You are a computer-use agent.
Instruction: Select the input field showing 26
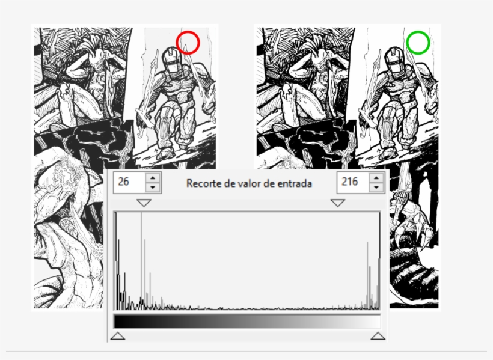129,182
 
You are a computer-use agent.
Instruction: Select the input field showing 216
353,182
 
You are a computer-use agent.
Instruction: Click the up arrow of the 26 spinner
153,178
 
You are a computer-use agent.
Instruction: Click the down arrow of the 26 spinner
153,188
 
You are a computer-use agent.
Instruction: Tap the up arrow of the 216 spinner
376,178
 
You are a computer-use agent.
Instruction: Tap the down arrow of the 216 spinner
376,188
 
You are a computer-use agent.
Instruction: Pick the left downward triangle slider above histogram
144,203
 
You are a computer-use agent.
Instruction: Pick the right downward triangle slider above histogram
338,203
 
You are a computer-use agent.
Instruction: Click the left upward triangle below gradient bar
118,336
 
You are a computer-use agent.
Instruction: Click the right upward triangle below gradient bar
378,336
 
